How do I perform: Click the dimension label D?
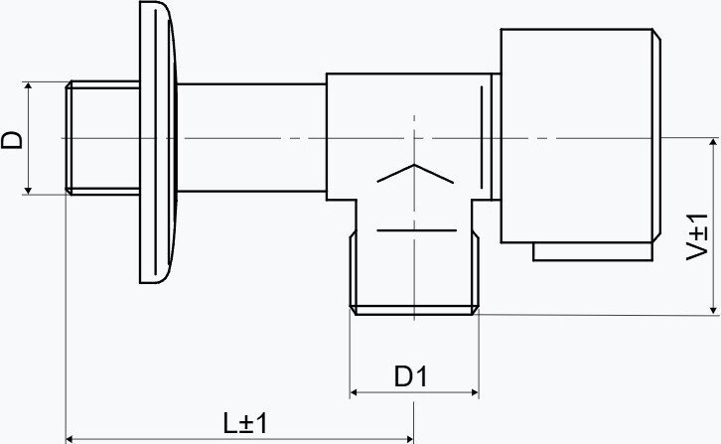[x=12, y=139]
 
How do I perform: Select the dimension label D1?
[x=410, y=376]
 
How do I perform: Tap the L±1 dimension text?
[x=245, y=424]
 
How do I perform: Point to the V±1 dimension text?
[x=697, y=237]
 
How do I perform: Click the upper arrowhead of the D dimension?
[x=28, y=86]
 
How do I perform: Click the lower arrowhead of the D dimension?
[x=28, y=190]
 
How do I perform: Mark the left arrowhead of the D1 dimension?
[x=355, y=392]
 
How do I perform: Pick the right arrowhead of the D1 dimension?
[x=475, y=392]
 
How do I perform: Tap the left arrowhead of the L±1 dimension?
[x=71, y=438]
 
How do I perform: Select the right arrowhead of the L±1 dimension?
[x=409, y=438]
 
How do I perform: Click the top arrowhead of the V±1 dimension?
[x=713, y=142]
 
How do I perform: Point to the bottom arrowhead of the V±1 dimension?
[x=713, y=311]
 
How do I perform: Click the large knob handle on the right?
[x=581, y=136]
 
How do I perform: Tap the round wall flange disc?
[x=158, y=142]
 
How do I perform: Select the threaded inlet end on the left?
[x=102, y=138]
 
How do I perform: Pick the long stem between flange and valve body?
[x=251, y=138]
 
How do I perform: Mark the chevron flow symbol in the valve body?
[x=415, y=174]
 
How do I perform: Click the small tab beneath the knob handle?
[x=593, y=251]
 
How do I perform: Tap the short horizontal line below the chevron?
[x=416, y=229]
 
